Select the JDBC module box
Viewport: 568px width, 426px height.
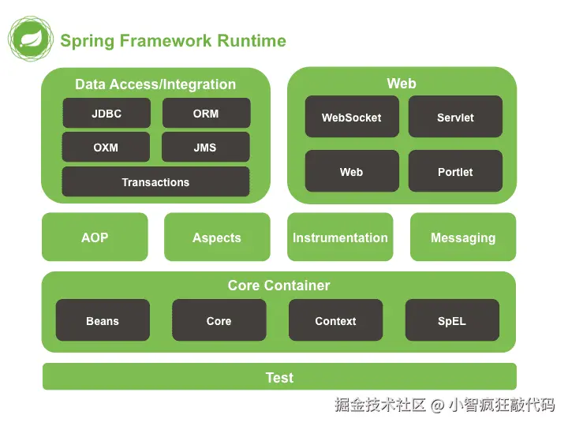tap(106, 114)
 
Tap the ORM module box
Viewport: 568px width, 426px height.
tap(206, 114)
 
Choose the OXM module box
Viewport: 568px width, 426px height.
tap(106, 148)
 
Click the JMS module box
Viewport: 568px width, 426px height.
tap(205, 148)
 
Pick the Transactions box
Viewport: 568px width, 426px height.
tap(155, 182)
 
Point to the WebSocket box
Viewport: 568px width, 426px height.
tap(351, 118)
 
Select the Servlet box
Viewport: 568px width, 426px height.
tap(455, 118)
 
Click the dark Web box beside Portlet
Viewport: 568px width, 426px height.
tap(351, 172)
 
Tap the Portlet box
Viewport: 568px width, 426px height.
tap(455, 172)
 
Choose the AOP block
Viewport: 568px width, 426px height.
tap(95, 237)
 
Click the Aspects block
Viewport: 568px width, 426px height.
tap(217, 237)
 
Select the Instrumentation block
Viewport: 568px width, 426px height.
tap(340, 237)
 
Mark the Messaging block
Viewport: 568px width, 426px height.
tap(463, 237)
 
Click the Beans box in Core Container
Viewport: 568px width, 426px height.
tap(103, 321)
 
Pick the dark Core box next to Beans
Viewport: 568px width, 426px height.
tap(219, 321)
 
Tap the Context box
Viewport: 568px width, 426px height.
tap(335, 321)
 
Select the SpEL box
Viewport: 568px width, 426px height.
tap(452, 321)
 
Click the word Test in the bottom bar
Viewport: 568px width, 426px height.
tap(279, 378)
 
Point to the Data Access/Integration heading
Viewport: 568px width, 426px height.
tap(155, 84)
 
